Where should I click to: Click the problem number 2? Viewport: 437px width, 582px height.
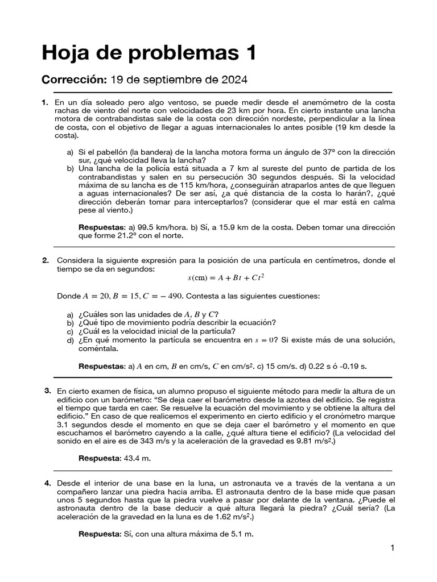click(46, 260)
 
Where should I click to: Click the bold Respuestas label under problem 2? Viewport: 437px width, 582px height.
click(101, 367)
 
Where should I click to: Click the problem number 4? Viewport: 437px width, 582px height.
click(47, 483)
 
